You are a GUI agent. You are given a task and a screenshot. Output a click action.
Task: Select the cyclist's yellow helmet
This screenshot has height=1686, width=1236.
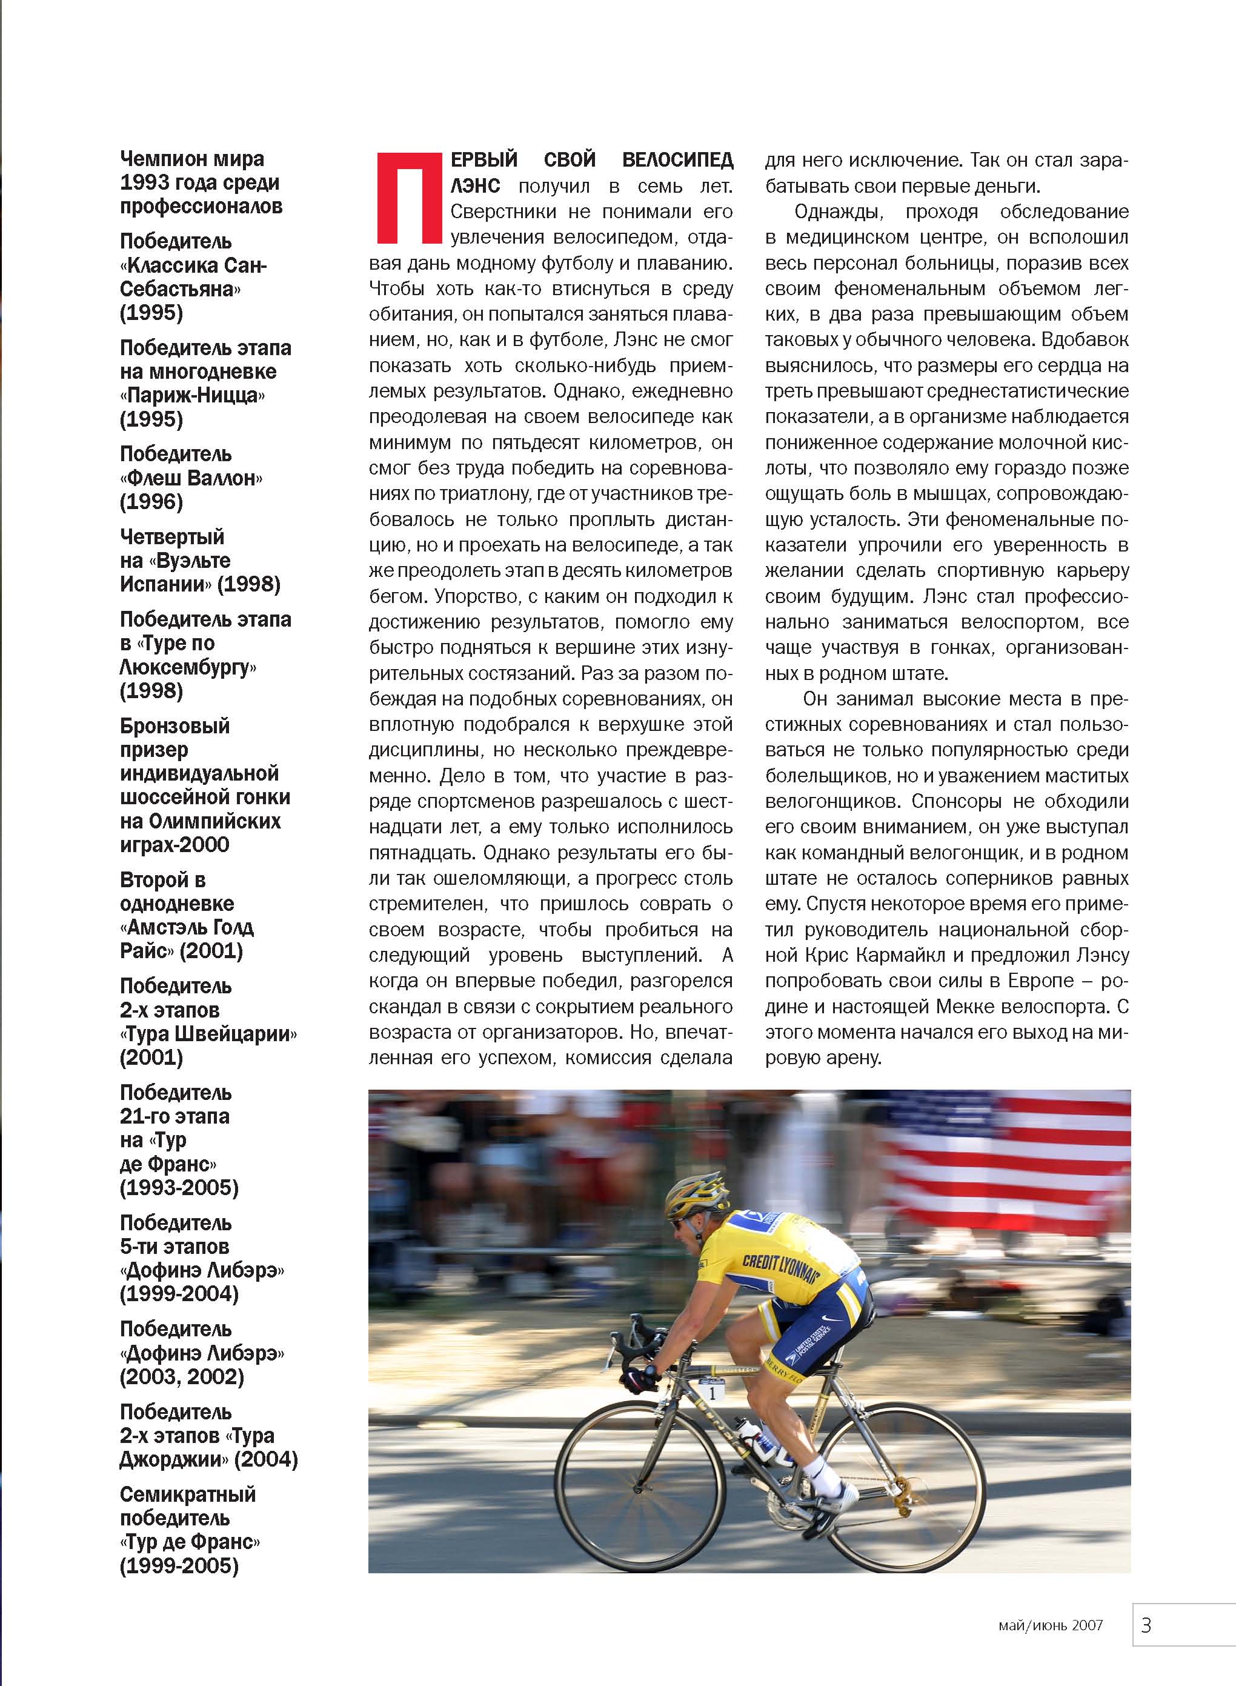696,1196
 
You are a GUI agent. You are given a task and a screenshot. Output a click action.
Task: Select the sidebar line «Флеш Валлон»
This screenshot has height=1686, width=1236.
191,478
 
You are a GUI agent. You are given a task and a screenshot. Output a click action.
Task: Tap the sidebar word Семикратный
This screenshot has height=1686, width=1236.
188,1494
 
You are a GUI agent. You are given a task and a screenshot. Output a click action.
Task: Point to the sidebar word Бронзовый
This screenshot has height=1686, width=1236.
175,726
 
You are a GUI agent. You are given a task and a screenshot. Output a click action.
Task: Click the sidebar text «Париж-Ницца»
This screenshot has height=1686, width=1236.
192,395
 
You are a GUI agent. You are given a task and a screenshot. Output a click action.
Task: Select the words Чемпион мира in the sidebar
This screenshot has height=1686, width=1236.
192,159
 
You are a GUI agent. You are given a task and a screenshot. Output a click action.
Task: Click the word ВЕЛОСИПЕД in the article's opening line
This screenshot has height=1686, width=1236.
677,160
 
